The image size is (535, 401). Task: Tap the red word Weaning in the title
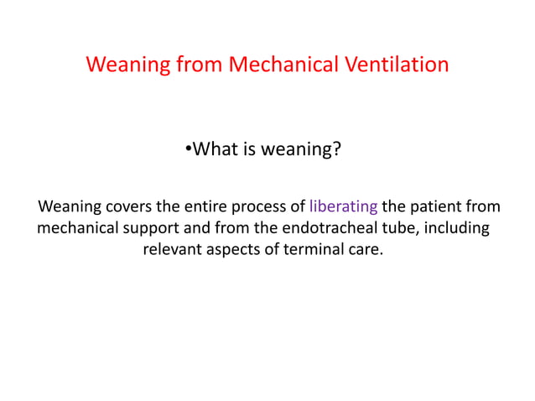click(122, 65)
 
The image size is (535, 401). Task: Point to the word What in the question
click(214, 151)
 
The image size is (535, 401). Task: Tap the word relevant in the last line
click(172, 250)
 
